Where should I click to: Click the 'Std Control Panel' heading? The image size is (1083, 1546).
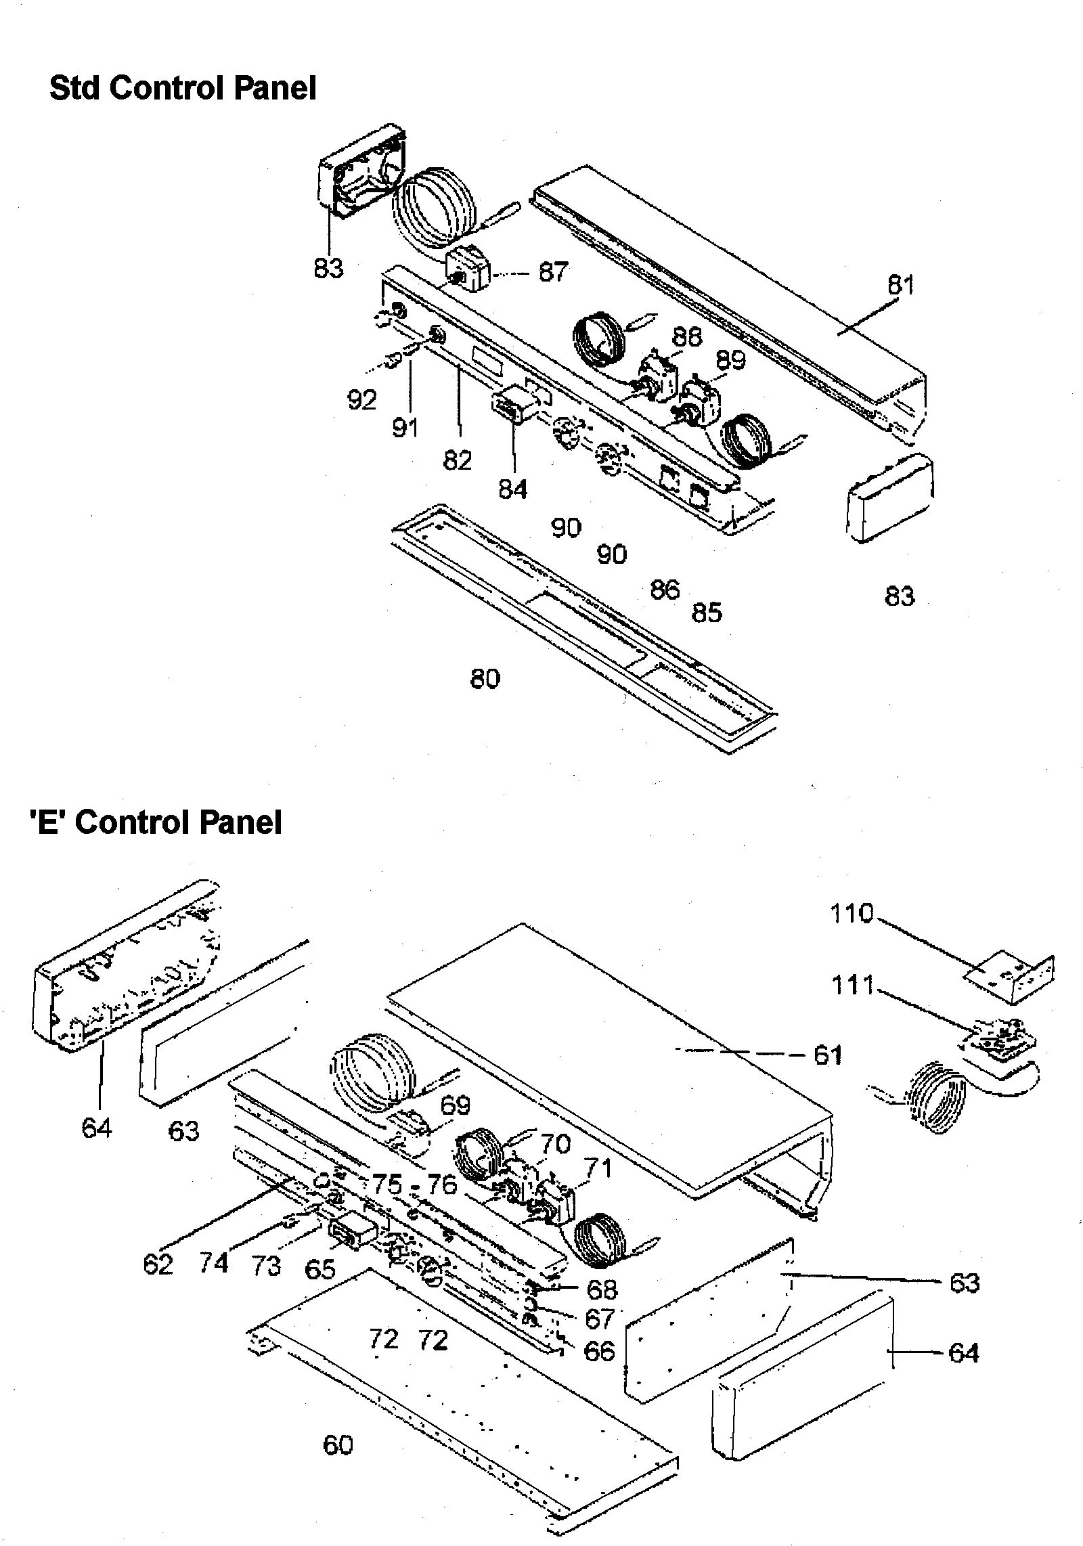(x=183, y=88)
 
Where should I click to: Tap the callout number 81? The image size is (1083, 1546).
(x=900, y=285)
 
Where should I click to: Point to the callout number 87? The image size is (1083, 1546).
(x=553, y=272)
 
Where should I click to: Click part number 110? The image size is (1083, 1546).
(x=852, y=914)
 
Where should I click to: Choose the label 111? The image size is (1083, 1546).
(x=853, y=985)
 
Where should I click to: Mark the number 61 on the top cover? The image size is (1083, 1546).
(x=828, y=1055)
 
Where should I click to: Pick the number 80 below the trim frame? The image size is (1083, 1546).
(x=485, y=678)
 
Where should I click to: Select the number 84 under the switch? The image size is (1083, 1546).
(x=512, y=488)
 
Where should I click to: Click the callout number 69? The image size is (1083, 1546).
(x=455, y=1105)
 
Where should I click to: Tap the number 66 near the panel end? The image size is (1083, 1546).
(x=598, y=1351)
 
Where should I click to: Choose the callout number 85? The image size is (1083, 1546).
(x=707, y=613)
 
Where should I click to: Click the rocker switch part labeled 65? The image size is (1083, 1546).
(x=349, y=1237)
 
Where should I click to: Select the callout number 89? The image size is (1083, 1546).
(x=730, y=359)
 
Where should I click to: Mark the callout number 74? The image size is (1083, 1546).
(x=213, y=1262)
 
